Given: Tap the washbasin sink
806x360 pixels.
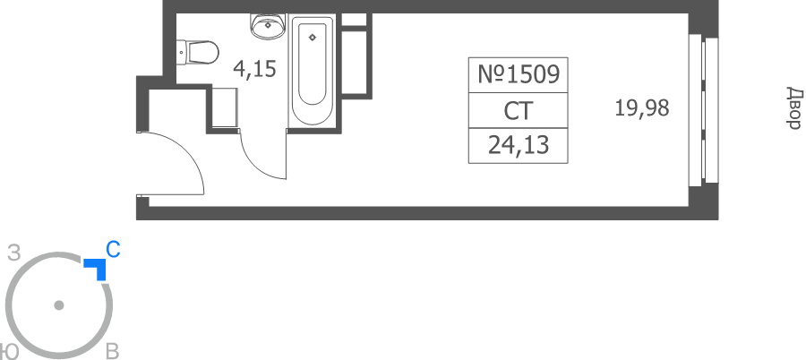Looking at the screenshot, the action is point(268,26).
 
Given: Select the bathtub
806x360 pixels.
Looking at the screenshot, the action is point(313,71).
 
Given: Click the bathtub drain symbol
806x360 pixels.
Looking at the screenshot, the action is point(312,37).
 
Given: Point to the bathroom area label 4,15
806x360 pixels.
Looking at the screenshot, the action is point(255,69).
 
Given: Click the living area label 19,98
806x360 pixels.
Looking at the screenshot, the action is point(642,108).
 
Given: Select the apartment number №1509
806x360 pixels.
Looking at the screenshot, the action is point(519,75).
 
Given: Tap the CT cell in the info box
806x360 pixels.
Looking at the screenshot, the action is point(519,110).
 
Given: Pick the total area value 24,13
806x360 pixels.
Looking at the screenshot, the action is point(519,146).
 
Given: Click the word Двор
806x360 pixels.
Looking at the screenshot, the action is point(794,108).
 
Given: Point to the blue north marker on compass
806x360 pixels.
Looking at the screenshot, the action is point(97,268).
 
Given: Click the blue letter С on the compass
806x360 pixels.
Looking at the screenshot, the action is point(113,250).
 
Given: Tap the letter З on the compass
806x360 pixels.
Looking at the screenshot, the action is point(13,253).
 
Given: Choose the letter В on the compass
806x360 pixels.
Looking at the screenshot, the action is point(113,352).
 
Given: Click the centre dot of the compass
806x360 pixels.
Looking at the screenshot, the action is point(59,305).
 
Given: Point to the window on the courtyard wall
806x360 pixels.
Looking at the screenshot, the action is point(703,109).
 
